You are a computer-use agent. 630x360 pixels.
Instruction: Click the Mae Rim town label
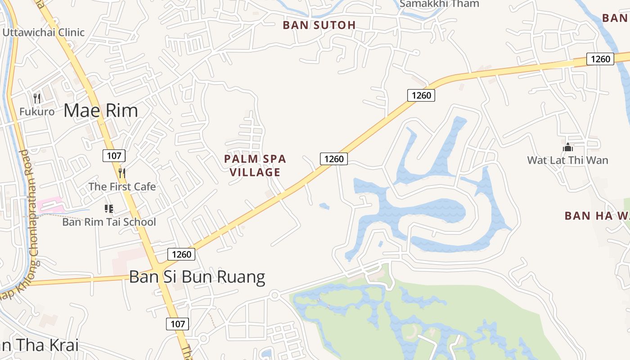coord(100,110)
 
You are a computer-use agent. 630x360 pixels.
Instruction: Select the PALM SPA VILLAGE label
coord(255,165)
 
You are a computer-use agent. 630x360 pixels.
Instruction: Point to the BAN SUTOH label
coord(319,25)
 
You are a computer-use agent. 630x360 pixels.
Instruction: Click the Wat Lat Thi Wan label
coord(567,160)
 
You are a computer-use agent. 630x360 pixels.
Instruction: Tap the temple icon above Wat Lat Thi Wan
coord(568,147)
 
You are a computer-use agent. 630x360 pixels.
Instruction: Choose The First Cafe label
coord(122,186)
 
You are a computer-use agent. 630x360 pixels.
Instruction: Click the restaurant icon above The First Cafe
coord(121,172)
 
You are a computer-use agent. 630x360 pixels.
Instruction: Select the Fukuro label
coord(37,111)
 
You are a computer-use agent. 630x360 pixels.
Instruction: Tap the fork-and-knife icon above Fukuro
coord(37,98)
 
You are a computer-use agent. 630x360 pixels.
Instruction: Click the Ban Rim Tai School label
coord(109,222)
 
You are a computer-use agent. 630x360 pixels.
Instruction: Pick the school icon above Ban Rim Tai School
coord(108,208)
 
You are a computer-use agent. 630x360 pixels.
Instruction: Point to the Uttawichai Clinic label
coord(44,32)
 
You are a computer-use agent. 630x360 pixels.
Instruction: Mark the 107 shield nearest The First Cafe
coord(114,156)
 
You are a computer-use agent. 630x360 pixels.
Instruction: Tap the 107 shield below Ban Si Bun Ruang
coord(178,324)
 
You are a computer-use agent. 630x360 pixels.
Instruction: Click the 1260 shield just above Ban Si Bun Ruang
coord(182,254)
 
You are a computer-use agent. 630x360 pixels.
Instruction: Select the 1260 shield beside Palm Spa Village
coord(334,159)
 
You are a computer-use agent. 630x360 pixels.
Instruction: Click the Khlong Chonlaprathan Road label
coord(28,220)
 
